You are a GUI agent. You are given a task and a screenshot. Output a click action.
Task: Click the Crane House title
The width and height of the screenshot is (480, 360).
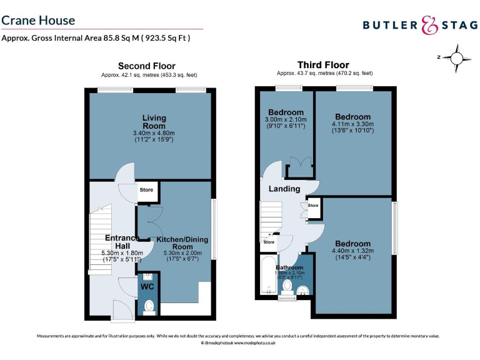coord(38,20)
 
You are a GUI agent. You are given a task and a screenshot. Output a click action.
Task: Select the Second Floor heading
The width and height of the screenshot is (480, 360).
coord(147,66)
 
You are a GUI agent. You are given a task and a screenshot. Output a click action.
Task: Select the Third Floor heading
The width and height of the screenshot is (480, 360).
coord(323,65)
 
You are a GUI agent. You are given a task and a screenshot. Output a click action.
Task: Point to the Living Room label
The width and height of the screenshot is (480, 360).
coord(153,122)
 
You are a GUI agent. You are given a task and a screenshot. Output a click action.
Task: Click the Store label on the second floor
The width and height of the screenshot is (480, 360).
coord(146,189)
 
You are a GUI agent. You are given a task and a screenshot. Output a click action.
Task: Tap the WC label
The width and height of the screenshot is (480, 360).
coord(147,287)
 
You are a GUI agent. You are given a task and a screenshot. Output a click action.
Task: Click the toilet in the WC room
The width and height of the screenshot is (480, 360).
coord(149,306)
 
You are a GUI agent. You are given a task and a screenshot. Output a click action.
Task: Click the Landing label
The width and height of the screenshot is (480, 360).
coord(284,189)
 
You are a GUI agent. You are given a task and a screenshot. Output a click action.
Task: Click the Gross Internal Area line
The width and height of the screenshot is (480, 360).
coord(96,38)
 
